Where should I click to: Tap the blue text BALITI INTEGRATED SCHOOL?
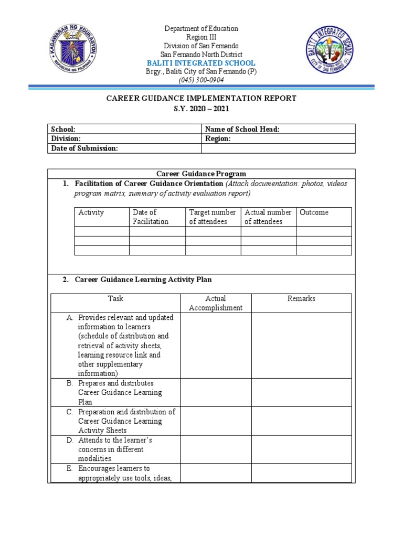click(x=201, y=63)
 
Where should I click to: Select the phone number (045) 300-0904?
click(x=201, y=80)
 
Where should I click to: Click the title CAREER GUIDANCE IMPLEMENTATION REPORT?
click(x=201, y=99)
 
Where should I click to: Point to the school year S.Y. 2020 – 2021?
click(x=201, y=109)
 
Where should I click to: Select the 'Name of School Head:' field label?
click(x=242, y=129)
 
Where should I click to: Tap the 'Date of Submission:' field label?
click(x=84, y=148)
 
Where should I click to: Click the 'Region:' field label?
click(x=218, y=139)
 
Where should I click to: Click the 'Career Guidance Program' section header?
click(x=201, y=174)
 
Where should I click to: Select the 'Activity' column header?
click(x=91, y=212)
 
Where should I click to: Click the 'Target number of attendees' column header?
click(x=213, y=217)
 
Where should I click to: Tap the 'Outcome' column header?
click(x=314, y=212)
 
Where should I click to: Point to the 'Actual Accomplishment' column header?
click(x=216, y=303)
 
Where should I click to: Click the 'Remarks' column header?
click(x=301, y=298)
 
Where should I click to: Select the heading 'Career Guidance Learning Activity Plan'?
click(x=143, y=280)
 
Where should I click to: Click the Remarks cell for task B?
click(x=301, y=392)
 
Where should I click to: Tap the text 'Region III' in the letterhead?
click(x=201, y=37)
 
